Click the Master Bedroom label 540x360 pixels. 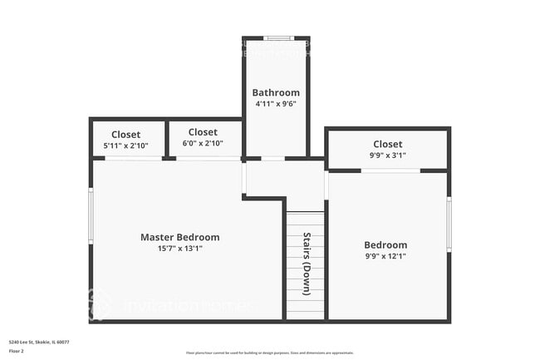179,237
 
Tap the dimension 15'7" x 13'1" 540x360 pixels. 179,248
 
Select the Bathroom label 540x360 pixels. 276,92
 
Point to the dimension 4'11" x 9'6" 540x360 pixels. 276,104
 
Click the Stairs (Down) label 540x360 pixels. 307,264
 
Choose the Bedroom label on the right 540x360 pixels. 385,244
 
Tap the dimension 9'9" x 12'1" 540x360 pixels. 385,256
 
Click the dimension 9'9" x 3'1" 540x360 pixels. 387,155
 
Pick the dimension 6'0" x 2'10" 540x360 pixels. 203,143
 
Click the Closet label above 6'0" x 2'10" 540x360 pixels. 203,131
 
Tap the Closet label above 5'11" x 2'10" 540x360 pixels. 125,134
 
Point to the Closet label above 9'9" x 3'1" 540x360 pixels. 387,144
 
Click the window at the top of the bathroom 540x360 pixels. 277,38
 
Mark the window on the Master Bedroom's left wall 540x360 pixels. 91,215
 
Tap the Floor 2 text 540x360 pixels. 17,351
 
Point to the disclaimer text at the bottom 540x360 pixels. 269,353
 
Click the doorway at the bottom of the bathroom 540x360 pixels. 272,158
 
